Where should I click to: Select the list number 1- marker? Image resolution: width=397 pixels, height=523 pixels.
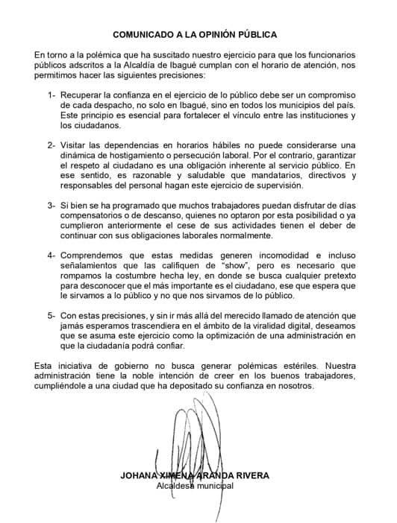(51, 96)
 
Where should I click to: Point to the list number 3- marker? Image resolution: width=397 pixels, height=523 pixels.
(51, 203)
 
